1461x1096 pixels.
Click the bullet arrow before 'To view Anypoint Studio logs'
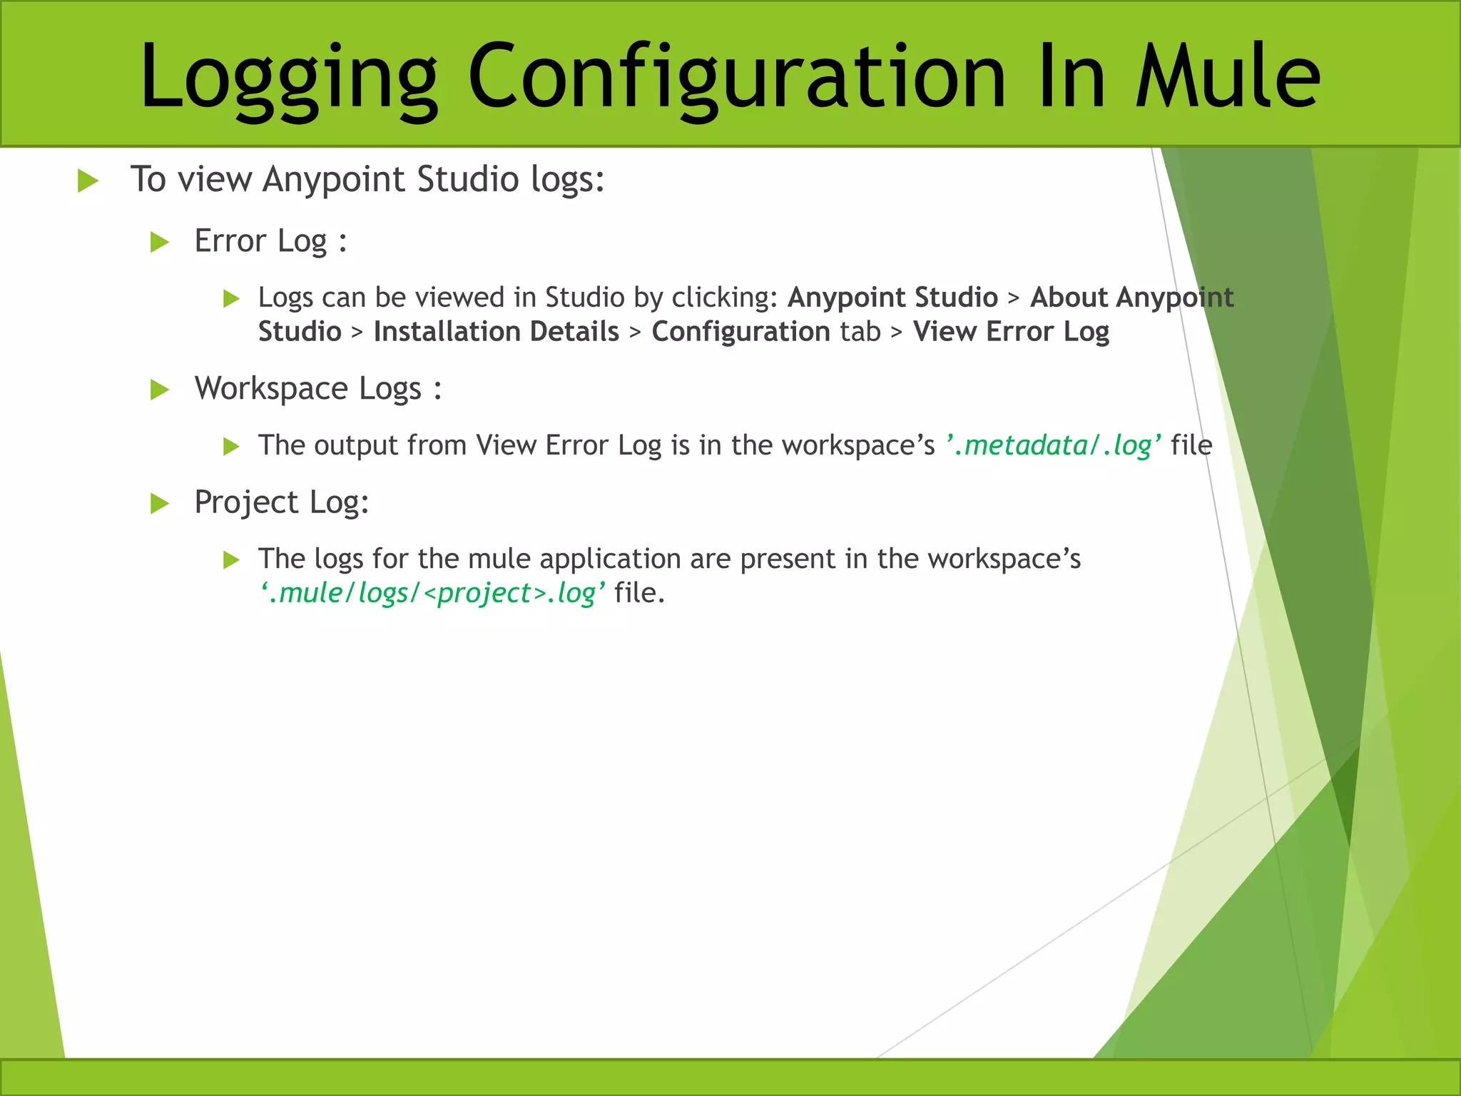tap(88, 181)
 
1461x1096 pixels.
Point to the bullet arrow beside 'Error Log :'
tap(160, 243)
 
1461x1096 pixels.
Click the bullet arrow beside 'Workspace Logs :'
tap(160, 390)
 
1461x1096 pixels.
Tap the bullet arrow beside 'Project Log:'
tap(160, 504)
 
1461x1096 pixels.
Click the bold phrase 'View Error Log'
tap(1011, 332)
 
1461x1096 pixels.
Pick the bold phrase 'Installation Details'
tap(497, 332)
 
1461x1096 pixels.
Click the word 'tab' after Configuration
tap(860, 332)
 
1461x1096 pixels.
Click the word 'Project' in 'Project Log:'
tap(246, 502)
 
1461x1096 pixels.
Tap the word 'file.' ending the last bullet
tap(639, 593)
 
